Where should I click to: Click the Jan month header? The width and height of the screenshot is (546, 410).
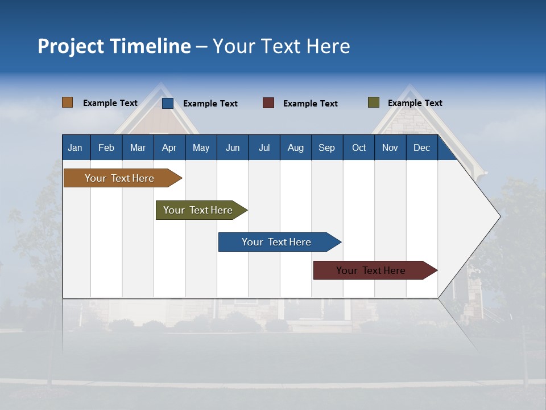[x=75, y=147]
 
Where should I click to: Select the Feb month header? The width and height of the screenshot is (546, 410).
[x=106, y=147]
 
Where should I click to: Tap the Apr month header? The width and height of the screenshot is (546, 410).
[x=169, y=147]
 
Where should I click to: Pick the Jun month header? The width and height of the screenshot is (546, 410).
[x=233, y=147]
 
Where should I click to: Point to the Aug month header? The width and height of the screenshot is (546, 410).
[x=295, y=147]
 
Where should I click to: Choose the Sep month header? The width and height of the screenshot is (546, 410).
[x=326, y=147]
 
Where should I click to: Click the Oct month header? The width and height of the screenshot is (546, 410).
[x=359, y=147]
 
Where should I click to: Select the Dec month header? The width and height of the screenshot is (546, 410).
[x=421, y=147]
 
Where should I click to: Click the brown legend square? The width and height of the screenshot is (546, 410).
[x=68, y=102]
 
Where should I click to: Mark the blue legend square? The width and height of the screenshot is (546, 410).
[x=168, y=103]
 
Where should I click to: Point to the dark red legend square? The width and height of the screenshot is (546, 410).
[x=268, y=103]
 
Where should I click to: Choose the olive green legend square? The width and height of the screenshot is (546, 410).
[x=374, y=102]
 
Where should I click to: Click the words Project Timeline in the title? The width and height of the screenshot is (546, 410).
[x=114, y=46]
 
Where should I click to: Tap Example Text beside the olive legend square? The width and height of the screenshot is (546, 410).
[x=415, y=103]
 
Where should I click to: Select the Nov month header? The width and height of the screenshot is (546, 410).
[x=390, y=147]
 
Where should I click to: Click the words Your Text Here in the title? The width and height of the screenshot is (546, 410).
[x=281, y=46]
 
